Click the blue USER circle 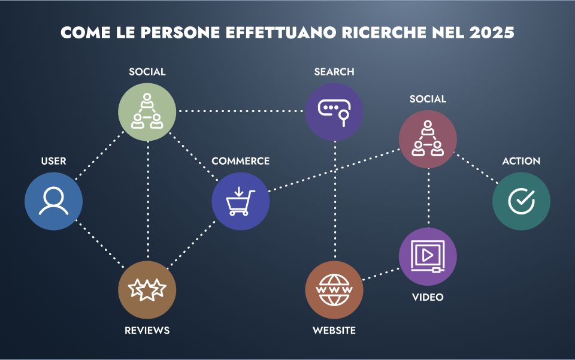(53, 201)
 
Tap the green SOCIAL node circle (147, 111)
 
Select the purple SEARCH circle (334, 111)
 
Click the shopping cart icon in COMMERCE (240, 201)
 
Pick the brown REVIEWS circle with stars (147, 290)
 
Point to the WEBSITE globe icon (334, 290)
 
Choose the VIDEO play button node (428, 256)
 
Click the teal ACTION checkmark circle (521, 201)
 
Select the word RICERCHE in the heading (375, 32)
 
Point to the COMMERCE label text (240, 161)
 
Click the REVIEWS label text (147, 331)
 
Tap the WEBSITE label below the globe (334, 331)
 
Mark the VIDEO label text (428, 297)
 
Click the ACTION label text (521, 161)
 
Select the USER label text (53, 161)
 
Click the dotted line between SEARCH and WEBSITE (334, 201)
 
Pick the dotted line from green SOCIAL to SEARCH (240, 111)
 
